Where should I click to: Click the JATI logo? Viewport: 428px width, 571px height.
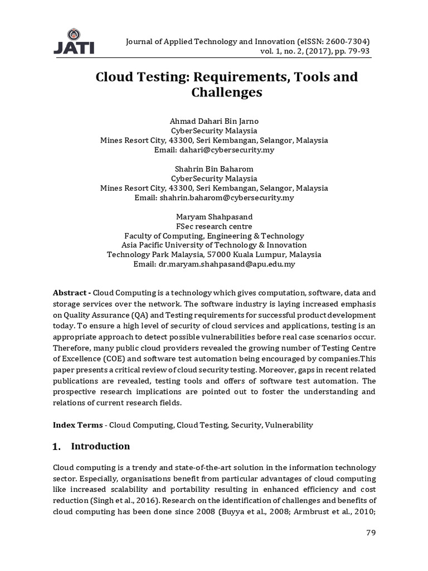[x=74, y=42]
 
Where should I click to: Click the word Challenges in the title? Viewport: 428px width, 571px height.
[x=226, y=92]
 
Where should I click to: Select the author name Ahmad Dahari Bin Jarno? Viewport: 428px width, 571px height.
[x=214, y=121]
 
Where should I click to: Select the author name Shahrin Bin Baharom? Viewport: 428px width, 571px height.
[x=214, y=168]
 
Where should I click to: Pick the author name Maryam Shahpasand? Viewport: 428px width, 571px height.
[x=214, y=216]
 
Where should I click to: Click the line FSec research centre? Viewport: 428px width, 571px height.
[x=214, y=226]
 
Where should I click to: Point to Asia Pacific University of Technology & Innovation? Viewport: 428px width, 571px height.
[x=214, y=245]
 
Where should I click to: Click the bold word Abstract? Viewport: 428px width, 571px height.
[x=70, y=293]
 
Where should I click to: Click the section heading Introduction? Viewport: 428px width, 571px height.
[x=100, y=446]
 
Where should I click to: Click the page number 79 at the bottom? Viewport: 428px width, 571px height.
[x=371, y=533]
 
